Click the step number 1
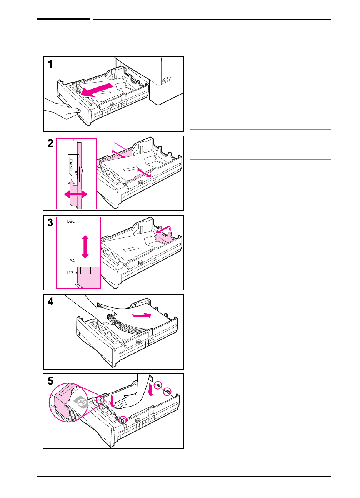click(x=50, y=64)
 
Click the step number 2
click(x=50, y=144)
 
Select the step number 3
click(x=50, y=222)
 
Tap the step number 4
click(x=50, y=302)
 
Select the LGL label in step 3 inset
click(x=71, y=222)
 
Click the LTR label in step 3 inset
click(x=70, y=273)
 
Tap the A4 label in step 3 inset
click(x=72, y=261)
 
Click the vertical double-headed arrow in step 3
click(x=85, y=247)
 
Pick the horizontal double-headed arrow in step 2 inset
click(x=76, y=195)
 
